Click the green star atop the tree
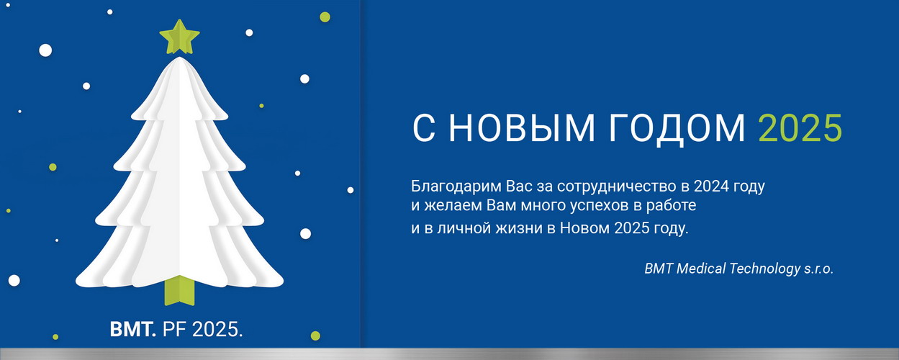pyautogui.click(x=179, y=37)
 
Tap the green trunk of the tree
pyautogui.click(x=179, y=291)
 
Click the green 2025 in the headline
pyautogui.click(x=800, y=128)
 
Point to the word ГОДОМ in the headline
pyautogui.click(x=677, y=129)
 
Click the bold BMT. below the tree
pyautogui.click(x=133, y=330)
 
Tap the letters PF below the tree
pyautogui.click(x=174, y=330)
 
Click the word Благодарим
pyautogui.click(x=456, y=186)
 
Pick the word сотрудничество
pyautogui.click(x=616, y=186)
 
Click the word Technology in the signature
pyautogui.click(x=765, y=269)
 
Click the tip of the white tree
pyautogui.click(x=179, y=58)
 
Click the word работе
pyautogui.click(x=671, y=206)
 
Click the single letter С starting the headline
pyautogui.click(x=424, y=128)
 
